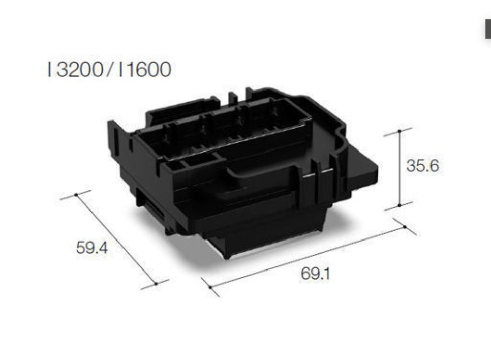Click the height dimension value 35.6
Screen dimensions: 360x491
coord(422,166)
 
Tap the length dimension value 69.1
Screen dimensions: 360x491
coord(316,274)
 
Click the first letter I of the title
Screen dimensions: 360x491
coord(49,70)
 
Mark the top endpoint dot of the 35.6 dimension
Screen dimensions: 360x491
coord(400,131)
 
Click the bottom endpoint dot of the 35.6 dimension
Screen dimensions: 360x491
coord(400,205)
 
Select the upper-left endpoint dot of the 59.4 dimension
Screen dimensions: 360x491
coord(76,194)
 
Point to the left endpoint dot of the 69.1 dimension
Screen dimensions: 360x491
coord(210,287)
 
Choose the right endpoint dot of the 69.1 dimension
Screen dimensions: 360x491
coord(405,227)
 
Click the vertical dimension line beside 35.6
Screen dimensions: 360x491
coord(400,168)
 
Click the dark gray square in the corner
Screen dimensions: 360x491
coord(487,31)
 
